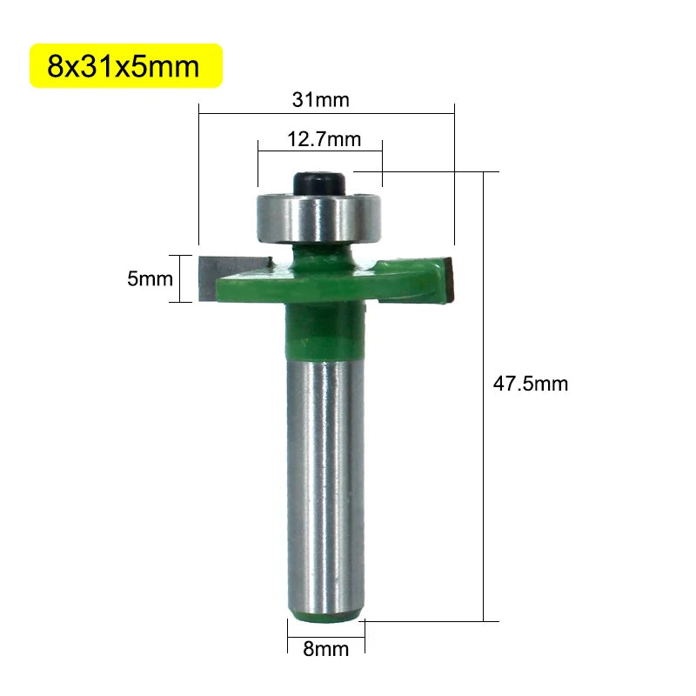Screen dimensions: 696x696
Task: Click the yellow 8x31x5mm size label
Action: (124, 66)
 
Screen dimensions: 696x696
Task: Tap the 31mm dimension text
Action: (320, 100)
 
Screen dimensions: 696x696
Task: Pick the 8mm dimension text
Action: (325, 648)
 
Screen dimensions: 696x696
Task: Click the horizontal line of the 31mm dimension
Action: (326, 111)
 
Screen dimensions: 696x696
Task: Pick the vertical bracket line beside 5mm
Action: (180, 278)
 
